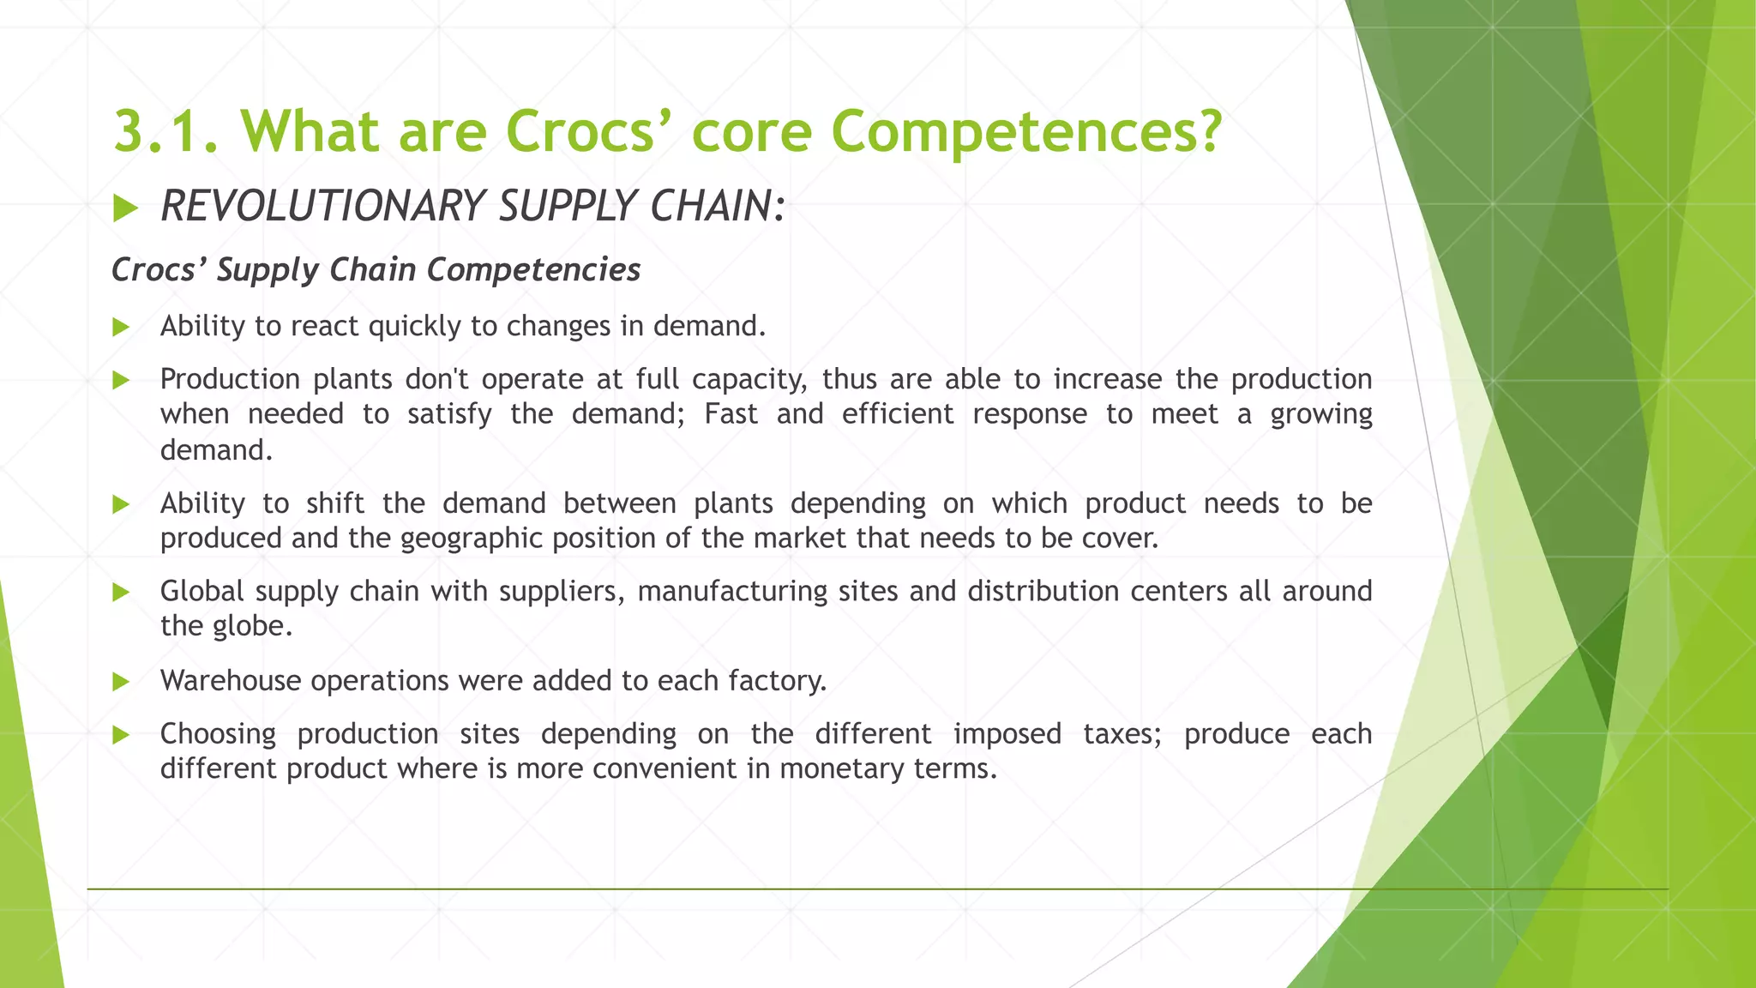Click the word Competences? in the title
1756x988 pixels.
click(1025, 131)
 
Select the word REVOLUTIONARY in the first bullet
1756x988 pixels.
click(323, 207)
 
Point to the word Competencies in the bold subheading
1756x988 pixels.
click(533, 270)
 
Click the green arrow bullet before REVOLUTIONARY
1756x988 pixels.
click(125, 208)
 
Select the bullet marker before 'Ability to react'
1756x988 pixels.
click(121, 327)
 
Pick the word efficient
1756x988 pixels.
click(897, 414)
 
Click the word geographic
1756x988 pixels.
click(471, 539)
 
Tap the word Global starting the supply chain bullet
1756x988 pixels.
click(202, 591)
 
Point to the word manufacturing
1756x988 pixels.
click(732, 591)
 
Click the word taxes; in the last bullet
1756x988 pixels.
click(1122, 734)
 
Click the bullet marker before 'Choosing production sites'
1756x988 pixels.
click(121, 735)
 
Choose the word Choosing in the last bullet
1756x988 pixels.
click(218, 734)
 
